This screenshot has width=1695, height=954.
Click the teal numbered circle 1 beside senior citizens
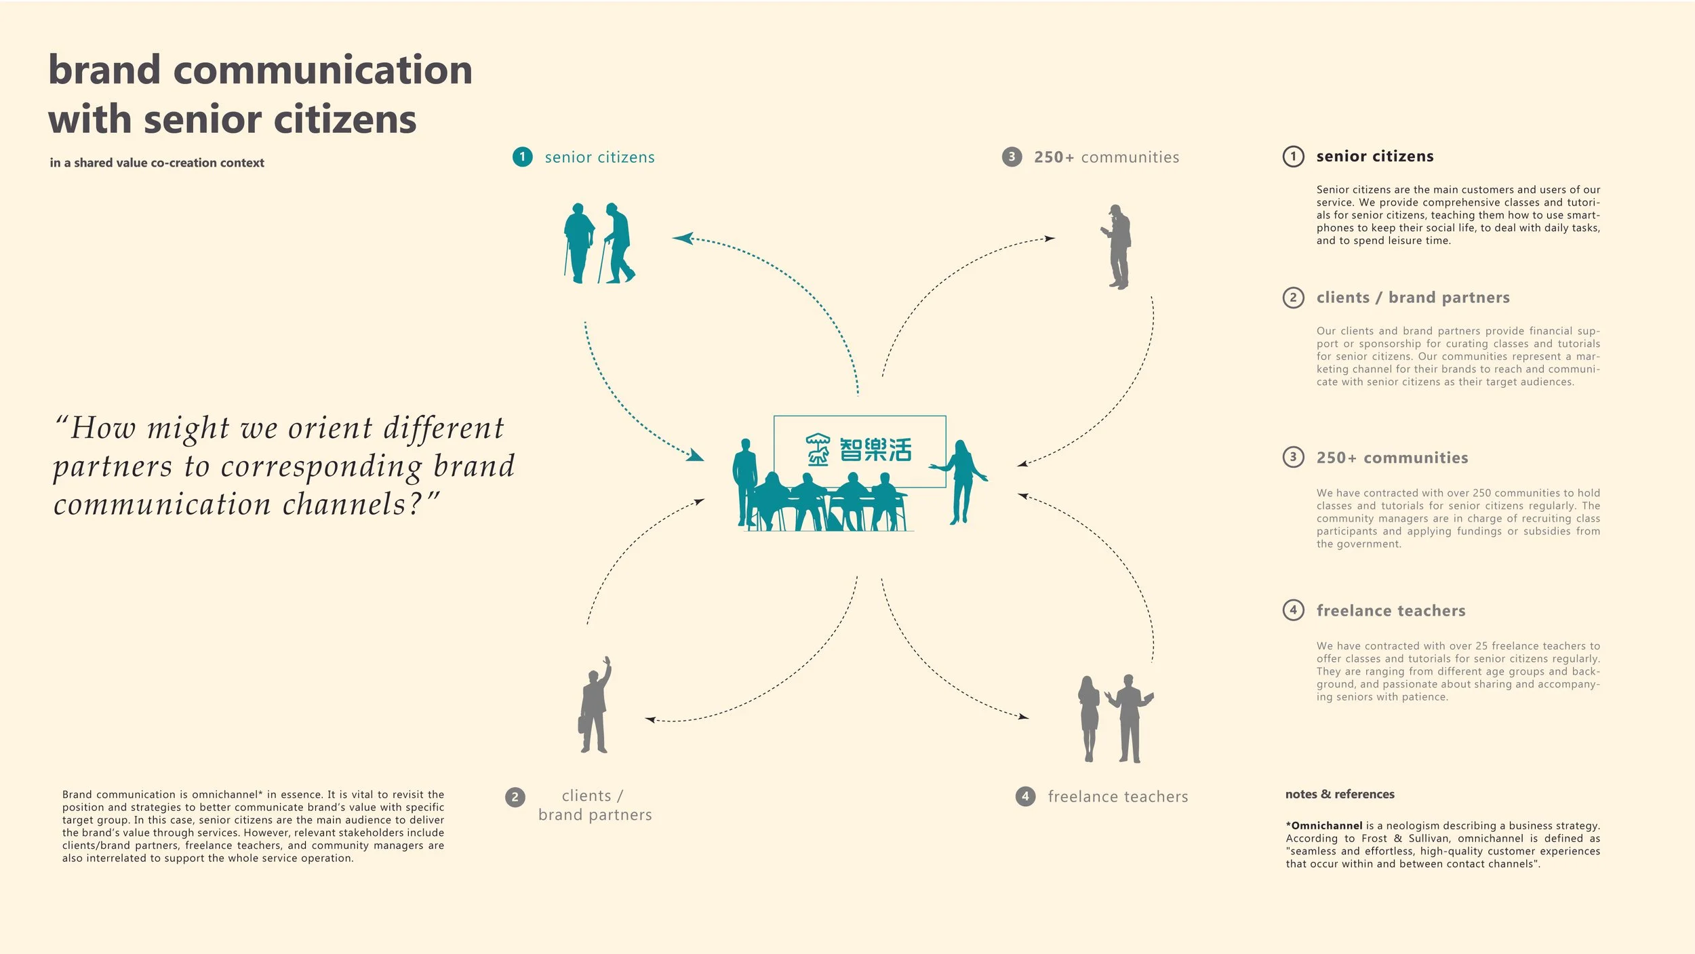[522, 157]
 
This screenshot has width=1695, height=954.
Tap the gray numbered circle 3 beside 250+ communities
[1012, 157]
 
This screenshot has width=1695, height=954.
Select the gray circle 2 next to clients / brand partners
[515, 797]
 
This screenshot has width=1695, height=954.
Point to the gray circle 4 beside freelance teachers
[1025, 797]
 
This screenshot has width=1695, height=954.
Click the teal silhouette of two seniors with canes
[599, 243]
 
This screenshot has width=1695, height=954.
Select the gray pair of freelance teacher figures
[1115, 719]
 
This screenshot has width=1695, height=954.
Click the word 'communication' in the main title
[323, 71]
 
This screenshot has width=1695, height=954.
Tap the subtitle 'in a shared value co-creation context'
[157, 163]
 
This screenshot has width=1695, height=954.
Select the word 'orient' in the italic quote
[330, 429]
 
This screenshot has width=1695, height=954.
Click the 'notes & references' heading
[1340, 794]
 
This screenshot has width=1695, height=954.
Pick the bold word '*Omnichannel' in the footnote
[1324, 826]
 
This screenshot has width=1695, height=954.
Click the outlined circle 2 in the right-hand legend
[1293, 298]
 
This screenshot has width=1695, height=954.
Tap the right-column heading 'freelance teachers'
[1391, 611]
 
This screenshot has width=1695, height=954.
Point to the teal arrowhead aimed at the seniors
[682, 238]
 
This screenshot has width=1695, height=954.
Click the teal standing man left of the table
[745, 481]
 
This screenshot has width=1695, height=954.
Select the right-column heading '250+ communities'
[1392, 458]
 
